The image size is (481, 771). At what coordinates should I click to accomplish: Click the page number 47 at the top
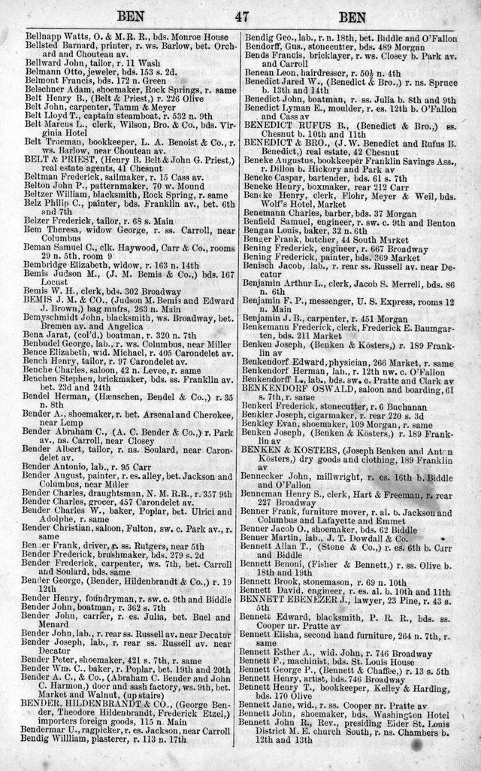240,16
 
